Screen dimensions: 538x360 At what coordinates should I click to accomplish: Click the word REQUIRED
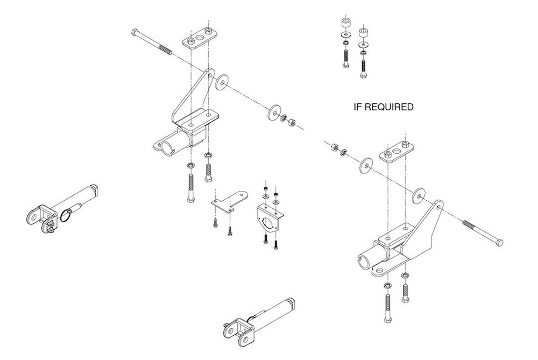tap(388, 107)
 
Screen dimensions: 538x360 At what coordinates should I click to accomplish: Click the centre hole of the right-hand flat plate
tap(397, 151)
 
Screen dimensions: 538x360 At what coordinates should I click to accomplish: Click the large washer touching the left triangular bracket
tap(222, 82)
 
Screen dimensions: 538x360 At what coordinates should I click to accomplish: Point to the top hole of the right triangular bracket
tap(440, 207)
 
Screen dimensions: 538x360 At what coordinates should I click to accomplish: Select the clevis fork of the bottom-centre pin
tap(238, 331)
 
